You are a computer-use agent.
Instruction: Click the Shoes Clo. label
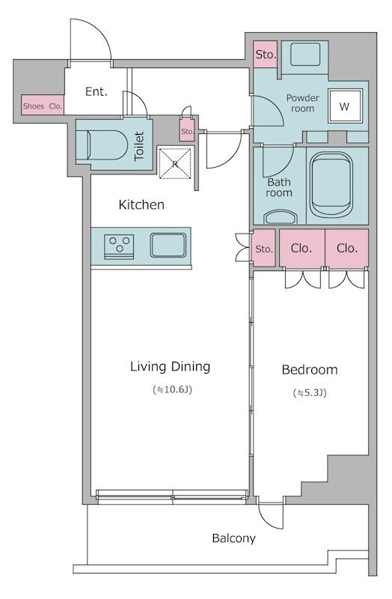tap(43, 106)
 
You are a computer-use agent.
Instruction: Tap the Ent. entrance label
tap(97, 91)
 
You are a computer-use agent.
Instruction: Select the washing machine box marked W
tap(345, 106)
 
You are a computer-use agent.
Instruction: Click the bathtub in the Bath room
tap(331, 185)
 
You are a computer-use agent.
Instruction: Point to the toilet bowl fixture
tap(107, 145)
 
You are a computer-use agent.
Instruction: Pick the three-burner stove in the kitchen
tap(119, 246)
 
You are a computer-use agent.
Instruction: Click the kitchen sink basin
tap(168, 245)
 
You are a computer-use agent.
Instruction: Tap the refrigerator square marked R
tap(175, 163)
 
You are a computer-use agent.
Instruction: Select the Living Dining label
tap(171, 367)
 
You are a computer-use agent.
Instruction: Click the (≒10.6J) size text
tap(172, 390)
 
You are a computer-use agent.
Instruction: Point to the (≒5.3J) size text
tap(310, 392)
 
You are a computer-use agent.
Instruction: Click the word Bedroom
tap(310, 370)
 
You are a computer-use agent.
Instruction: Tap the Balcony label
tap(233, 538)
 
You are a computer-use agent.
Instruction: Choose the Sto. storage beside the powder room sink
tap(266, 54)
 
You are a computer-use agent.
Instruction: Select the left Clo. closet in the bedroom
tap(302, 249)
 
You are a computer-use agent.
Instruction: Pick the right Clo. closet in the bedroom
tap(347, 249)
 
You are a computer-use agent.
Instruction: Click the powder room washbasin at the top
tap(305, 54)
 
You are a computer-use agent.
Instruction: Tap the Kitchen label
tap(141, 204)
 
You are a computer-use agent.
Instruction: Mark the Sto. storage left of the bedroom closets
tap(264, 249)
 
